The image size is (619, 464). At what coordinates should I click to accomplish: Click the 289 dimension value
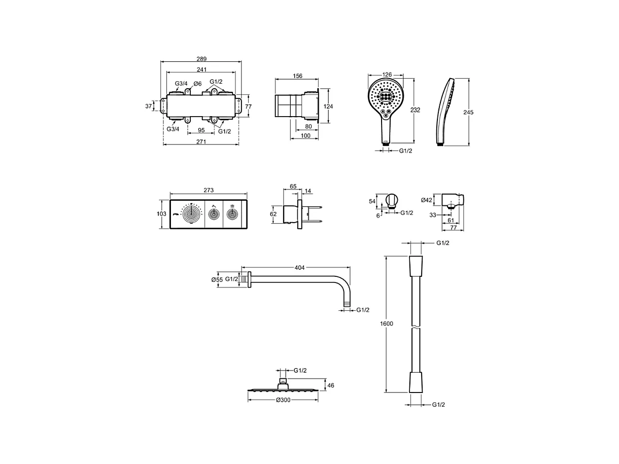[201, 59]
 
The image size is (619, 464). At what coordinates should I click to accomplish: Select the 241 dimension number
[201, 69]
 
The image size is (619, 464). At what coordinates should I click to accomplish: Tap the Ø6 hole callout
[197, 83]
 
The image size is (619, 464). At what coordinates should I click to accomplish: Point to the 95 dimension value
[201, 130]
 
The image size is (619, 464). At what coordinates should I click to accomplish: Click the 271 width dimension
[201, 141]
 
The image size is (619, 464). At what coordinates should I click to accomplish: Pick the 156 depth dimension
[297, 76]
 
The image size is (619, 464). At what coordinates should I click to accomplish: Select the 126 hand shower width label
[387, 75]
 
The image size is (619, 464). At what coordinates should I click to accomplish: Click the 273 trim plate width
[209, 190]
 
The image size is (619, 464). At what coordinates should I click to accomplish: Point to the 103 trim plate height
[161, 214]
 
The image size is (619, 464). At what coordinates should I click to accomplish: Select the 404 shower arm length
[299, 267]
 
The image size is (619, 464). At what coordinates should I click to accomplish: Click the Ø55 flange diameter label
[217, 279]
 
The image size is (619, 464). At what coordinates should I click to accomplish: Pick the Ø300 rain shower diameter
[283, 400]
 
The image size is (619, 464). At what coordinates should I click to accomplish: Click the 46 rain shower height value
[331, 385]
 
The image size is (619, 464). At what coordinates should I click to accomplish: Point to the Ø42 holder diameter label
[427, 200]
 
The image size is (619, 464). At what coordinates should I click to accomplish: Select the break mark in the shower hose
[415, 327]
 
